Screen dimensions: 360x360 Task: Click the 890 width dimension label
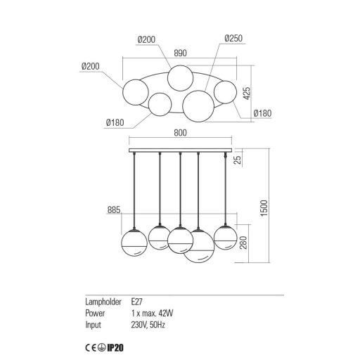click(x=180, y=53)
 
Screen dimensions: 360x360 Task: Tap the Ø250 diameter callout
click(x=233, y=38)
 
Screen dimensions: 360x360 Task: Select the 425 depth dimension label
click(x=246, y=93)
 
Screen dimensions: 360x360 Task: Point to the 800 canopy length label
click(x=180, y=133)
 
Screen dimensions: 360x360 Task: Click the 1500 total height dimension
click(x=264, y=208)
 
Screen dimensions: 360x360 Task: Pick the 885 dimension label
click(x=114, y=210)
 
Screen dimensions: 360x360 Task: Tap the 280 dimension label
click(x=243, y=243)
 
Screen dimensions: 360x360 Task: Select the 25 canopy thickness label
click(x=238, y=160)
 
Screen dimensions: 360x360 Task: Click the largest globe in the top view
click(x=198, y=106)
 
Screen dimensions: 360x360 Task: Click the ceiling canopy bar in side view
click(x=180, y=150)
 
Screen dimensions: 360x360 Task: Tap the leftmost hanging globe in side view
click(x=134, y=243)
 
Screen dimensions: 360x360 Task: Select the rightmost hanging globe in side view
click(x=226, y=238)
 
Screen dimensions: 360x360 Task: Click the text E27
click(x=137, y=302)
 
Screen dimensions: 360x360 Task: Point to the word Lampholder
click(x=103, y=302)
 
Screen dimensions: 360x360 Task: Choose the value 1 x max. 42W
click(x=153, y=313)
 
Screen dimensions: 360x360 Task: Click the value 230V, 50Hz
click(x=148, y=325)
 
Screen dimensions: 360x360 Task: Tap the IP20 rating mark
click(x=115, y=348)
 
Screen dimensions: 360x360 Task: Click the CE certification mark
click(x=91, y=348)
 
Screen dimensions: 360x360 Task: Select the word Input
click(x=93, y=326)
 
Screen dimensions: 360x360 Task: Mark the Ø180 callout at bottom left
click(x=115, y=122)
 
